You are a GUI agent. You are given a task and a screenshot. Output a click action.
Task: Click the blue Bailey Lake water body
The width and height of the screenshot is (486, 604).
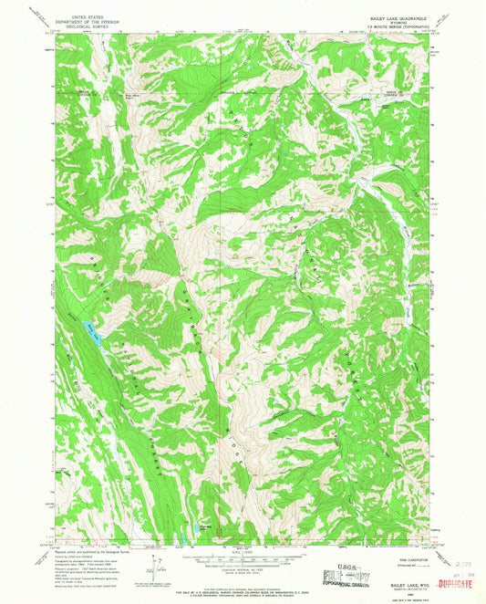(x=89, y=326)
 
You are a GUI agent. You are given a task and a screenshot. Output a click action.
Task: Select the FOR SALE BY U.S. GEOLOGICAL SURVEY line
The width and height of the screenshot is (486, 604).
(x=242, y=585)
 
